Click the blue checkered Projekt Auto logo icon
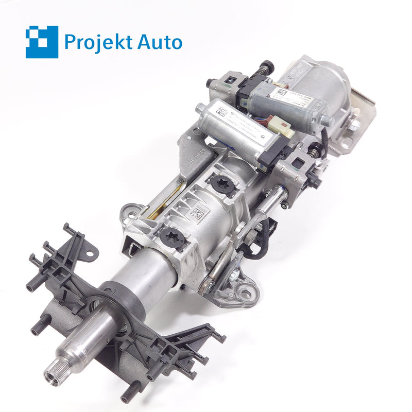click(42, 42)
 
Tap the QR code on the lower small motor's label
click(221, 111)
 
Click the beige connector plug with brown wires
click(284, 129)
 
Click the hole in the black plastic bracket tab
click(91, 253)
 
